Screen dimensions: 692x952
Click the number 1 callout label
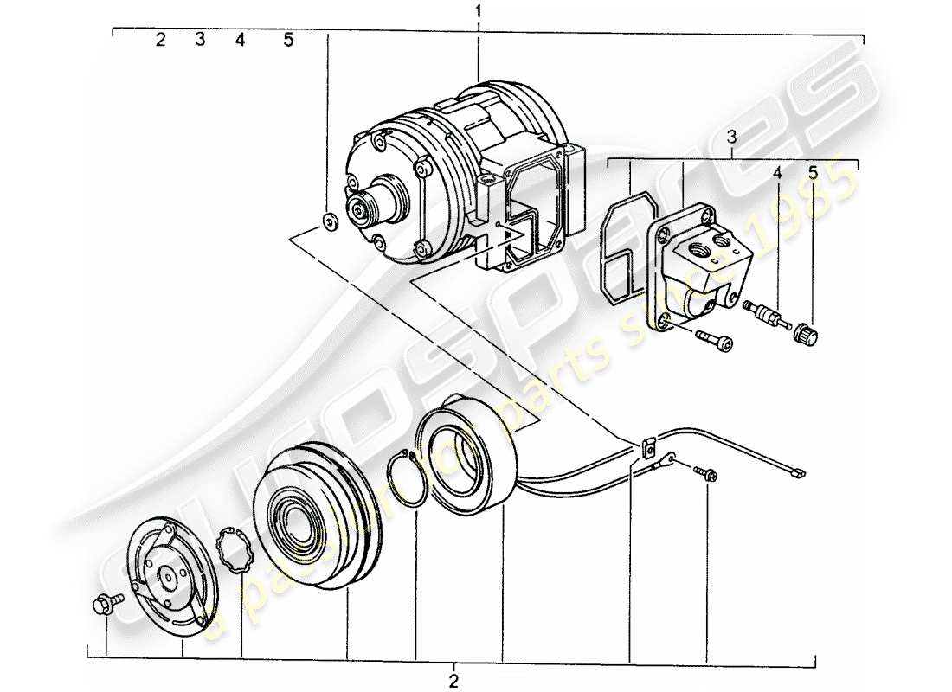click(x=477, y=11)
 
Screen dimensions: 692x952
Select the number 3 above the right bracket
click(x=731, y=137)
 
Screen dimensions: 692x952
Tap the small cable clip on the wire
click(x=646, y=448)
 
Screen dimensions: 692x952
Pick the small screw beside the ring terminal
click(x=704, y=474)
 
